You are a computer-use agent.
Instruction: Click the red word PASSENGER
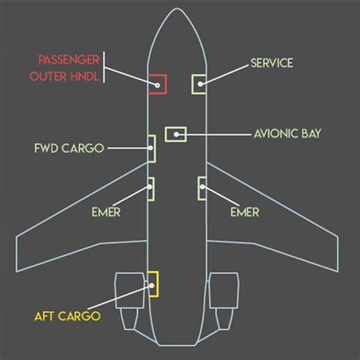tap(68, 60)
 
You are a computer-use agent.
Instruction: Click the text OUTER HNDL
tap(65, 76)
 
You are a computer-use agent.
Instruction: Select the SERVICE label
tap(272, 63)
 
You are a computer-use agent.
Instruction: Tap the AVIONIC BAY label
tap(288, 134)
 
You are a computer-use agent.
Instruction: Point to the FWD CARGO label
tap(69, 148)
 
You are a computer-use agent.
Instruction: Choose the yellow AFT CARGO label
tap(68, 316)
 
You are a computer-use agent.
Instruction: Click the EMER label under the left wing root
tap(106, 212)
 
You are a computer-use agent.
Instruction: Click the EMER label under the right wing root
tap(245, 212)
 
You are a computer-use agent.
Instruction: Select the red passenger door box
tap(166, 84)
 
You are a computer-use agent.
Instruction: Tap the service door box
tap(192, 84)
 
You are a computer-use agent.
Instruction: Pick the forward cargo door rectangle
tap(155, 149)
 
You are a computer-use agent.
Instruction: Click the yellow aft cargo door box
tap(158, 284)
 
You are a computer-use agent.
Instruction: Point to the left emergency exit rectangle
tap(153, 189)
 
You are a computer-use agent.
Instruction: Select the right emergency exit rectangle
tap(199, 188)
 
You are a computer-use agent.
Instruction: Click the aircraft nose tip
tap(177, 8)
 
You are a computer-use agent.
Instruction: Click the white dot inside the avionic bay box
tap(176, 134)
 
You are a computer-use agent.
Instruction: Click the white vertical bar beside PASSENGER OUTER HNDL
tap(104, 67)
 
